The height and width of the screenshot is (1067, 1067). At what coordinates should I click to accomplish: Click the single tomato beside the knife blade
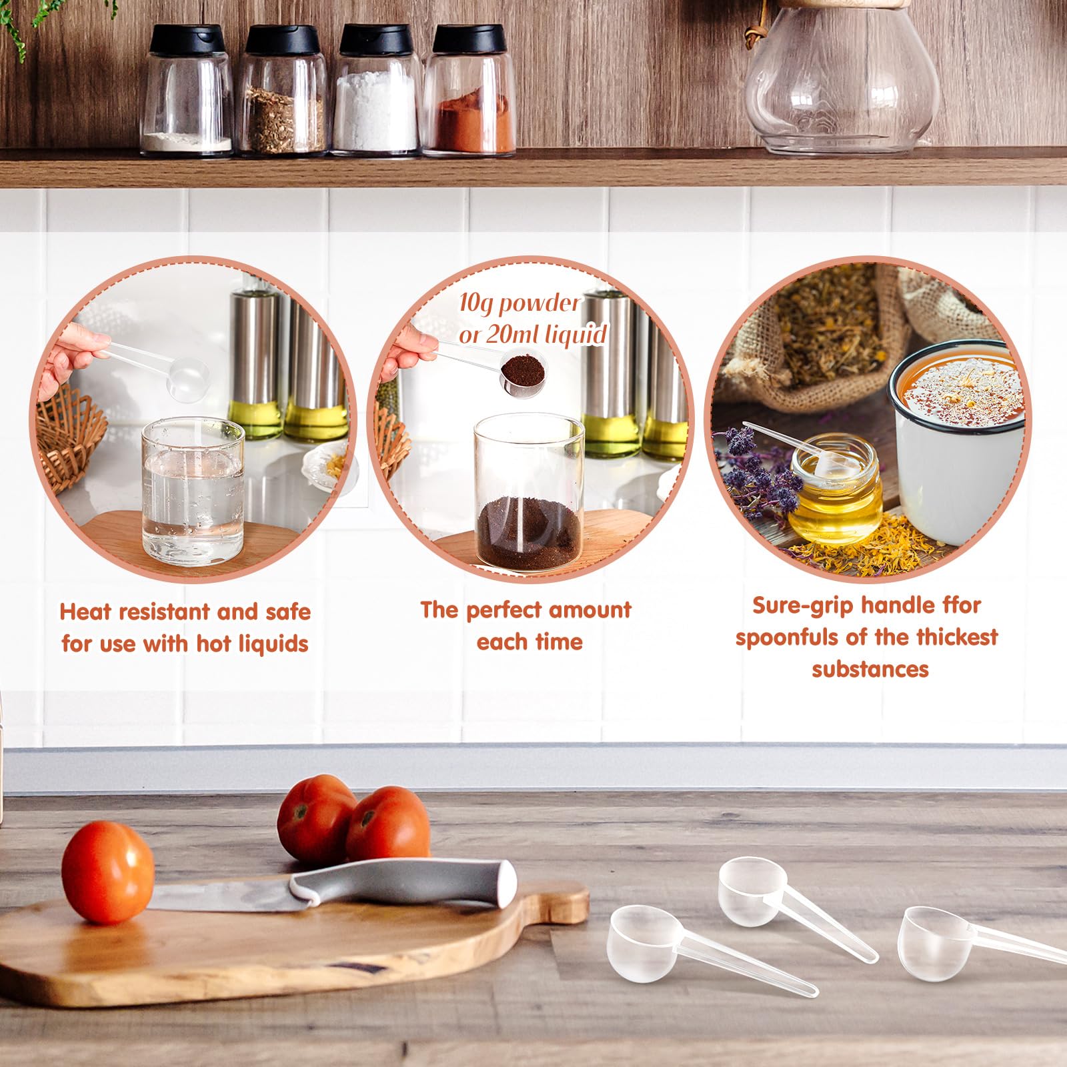[x=107, y=872]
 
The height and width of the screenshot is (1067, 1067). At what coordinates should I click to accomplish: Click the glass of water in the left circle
[x=193, y=491]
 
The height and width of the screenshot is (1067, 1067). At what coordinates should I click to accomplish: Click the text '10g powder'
[x=519, y=303]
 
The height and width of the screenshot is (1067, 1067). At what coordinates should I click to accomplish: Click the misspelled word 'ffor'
[x=961, y=605]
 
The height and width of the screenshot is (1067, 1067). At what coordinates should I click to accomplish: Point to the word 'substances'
[x=870, y=669]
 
